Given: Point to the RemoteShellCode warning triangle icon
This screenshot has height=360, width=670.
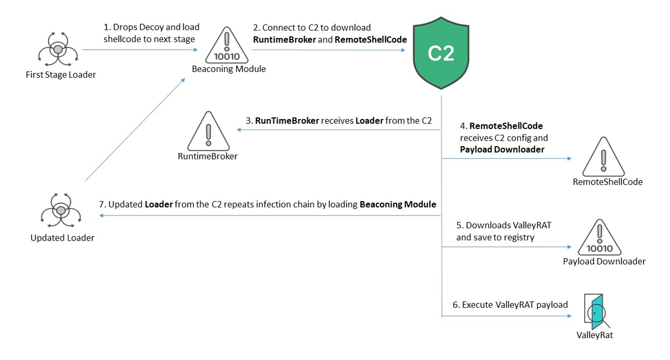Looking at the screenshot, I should (603, 158).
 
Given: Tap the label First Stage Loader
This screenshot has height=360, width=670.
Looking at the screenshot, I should (61, 75).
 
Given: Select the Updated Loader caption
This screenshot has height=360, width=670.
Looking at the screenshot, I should (62, 238).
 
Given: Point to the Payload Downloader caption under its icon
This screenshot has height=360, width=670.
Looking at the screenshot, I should (604, 261).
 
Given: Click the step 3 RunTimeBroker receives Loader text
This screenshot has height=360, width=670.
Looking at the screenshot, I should (338, 121).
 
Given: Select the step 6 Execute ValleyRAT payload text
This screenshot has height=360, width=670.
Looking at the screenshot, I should (510, 305).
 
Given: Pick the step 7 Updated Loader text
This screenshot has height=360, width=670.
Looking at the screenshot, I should (268, 204).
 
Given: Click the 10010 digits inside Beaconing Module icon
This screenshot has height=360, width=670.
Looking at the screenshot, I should (228, 56).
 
